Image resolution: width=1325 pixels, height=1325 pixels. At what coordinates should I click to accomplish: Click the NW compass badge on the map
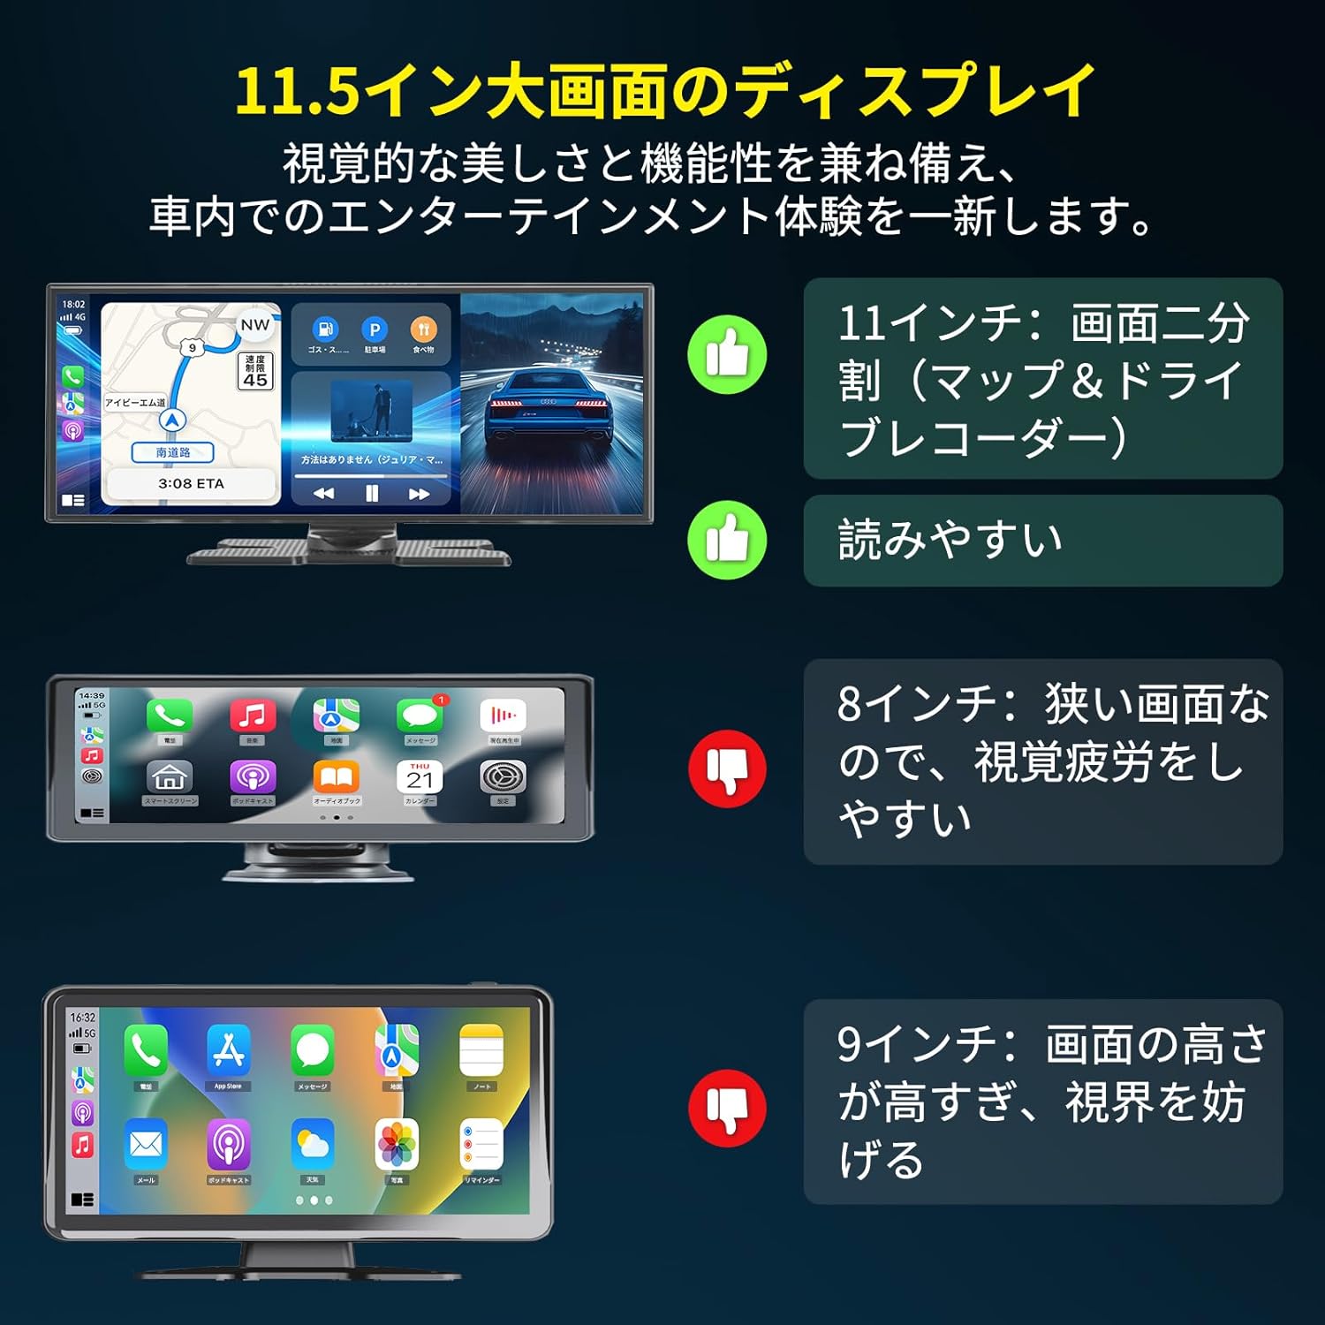(254, 325)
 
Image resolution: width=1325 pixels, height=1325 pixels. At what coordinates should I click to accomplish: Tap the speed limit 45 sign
(255, 370)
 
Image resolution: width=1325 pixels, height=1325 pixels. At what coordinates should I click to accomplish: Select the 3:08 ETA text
(191, 483)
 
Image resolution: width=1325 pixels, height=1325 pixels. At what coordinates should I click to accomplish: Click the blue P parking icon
(375, 329)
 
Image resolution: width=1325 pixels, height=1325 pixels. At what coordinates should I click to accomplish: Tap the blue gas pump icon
(326, 329)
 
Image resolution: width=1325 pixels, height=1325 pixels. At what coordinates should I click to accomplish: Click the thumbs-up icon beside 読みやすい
(727, 540)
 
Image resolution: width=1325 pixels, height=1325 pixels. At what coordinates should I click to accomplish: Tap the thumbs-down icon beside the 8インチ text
(727, 768)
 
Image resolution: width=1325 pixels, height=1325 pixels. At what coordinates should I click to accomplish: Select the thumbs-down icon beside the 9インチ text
(727, 1108)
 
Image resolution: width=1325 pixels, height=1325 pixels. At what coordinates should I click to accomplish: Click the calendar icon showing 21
(420, 777)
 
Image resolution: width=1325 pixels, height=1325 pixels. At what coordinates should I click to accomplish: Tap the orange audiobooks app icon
(337, 777)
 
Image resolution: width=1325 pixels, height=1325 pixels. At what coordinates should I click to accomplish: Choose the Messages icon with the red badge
(420, 715)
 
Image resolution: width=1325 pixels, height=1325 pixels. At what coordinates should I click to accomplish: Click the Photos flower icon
(397, 1145)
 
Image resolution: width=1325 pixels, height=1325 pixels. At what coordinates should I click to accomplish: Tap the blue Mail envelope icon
(146, 1145)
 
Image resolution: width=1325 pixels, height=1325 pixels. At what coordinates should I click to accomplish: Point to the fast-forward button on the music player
(419, 494)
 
